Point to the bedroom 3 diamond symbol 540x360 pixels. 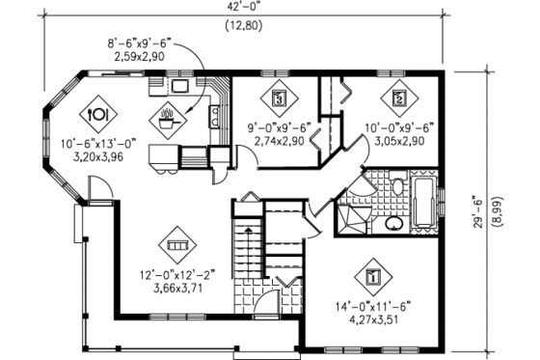[x=279, y=97]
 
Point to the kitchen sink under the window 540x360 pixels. [x=180, y=86]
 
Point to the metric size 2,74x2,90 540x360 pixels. [x=278, y=141]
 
